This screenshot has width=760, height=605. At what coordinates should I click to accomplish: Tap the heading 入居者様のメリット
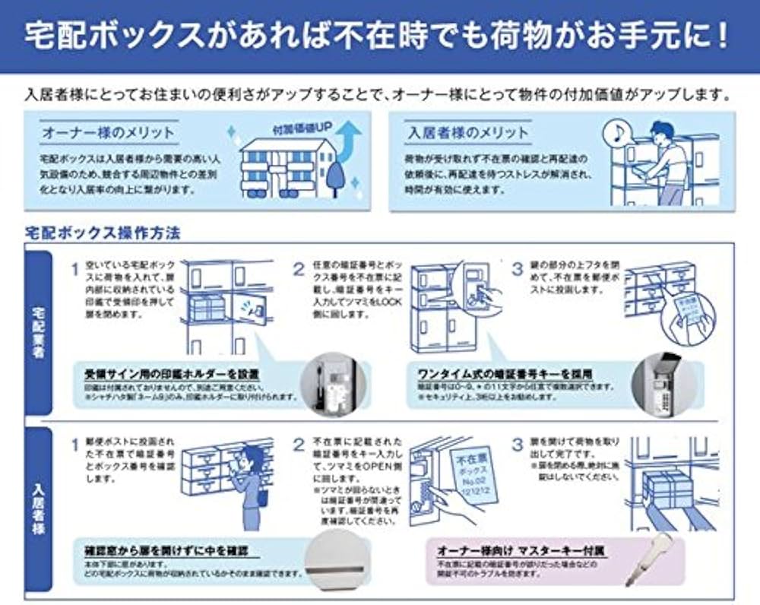click(467, 132)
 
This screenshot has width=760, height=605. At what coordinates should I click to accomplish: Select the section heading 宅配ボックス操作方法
click(103, 231)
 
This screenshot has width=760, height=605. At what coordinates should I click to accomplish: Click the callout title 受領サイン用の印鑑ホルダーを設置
click(171, 375)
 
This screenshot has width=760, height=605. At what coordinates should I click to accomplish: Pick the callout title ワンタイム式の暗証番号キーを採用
click(505, 374)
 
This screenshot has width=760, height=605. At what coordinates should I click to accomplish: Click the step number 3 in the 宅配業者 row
click(517, 269)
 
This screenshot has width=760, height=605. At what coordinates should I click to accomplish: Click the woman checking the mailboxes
click(247, 486)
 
